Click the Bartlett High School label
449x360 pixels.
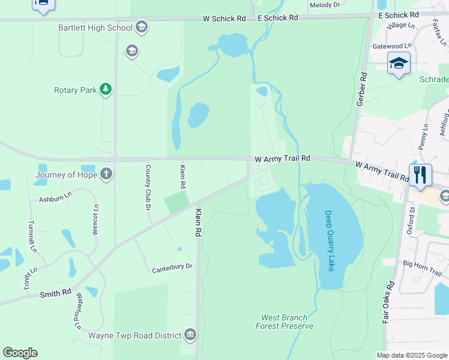tap(95, 28)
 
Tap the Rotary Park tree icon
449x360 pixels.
tap(106, 89)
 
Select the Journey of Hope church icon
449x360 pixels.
tap(106, 175)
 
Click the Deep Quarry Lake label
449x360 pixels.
tap(329, 241)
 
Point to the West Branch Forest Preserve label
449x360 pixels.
tap(284, 322)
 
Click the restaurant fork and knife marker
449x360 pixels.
tap(420, 174)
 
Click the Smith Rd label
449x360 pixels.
tap(56, 294)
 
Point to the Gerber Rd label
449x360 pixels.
tap(362, 90)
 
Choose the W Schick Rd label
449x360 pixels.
tap(224, 19)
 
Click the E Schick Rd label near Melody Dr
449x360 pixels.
tap(278, 18)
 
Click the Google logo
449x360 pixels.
tap(20, 353)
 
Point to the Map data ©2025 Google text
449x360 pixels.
tap(411, 355)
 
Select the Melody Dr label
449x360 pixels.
tap(324, 5)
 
